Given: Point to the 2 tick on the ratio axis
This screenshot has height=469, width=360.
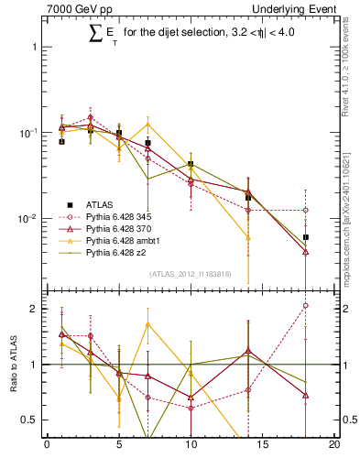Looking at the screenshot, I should point(35,309).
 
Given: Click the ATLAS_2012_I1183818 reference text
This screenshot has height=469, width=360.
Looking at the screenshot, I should point(191,274).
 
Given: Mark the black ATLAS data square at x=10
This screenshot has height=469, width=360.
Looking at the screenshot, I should point(191,164).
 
